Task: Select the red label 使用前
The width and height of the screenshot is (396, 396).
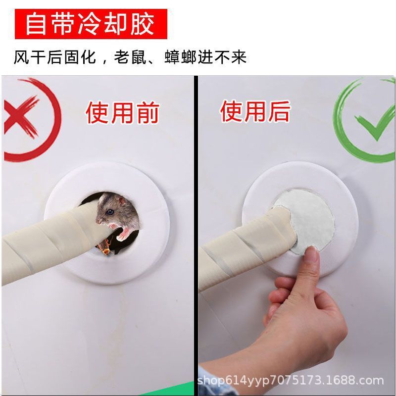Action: point(122,112)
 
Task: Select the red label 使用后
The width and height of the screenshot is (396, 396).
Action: point(255,111)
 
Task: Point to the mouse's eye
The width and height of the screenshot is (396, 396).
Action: point(108,208)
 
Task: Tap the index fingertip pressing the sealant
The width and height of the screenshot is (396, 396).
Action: point(310,256)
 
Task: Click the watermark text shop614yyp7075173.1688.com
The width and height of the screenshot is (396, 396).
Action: point(291,381)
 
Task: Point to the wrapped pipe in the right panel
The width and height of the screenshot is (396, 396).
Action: point(238,247)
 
